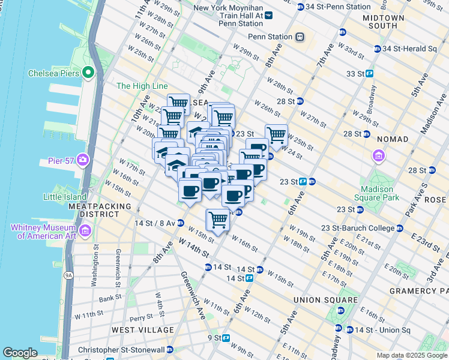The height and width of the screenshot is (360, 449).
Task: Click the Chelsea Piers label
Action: click(53, 74)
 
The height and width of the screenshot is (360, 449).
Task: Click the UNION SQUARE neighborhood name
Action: click(325, 299)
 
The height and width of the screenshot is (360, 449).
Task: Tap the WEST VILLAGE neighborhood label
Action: click(142, 330)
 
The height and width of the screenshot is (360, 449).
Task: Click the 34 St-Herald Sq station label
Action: click(409, 49)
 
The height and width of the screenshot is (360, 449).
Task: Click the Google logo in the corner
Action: click(20, 353)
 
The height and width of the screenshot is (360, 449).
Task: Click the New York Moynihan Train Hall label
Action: click(228, 16)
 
